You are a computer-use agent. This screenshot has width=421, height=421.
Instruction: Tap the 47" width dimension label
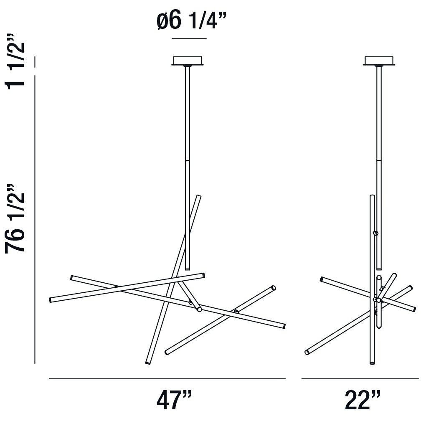174,400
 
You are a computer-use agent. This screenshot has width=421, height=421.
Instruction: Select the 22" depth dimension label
363,400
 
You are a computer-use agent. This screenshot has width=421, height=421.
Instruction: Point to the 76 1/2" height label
15,218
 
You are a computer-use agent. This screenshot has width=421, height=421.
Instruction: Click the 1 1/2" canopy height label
15,61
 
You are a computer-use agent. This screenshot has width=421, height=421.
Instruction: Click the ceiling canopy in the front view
188,61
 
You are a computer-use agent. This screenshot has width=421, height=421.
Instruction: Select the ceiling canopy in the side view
379,61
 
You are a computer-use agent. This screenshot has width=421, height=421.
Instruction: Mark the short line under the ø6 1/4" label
189,39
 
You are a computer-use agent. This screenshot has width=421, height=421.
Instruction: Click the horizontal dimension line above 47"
167,379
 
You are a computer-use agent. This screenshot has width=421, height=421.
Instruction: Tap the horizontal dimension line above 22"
360,379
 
